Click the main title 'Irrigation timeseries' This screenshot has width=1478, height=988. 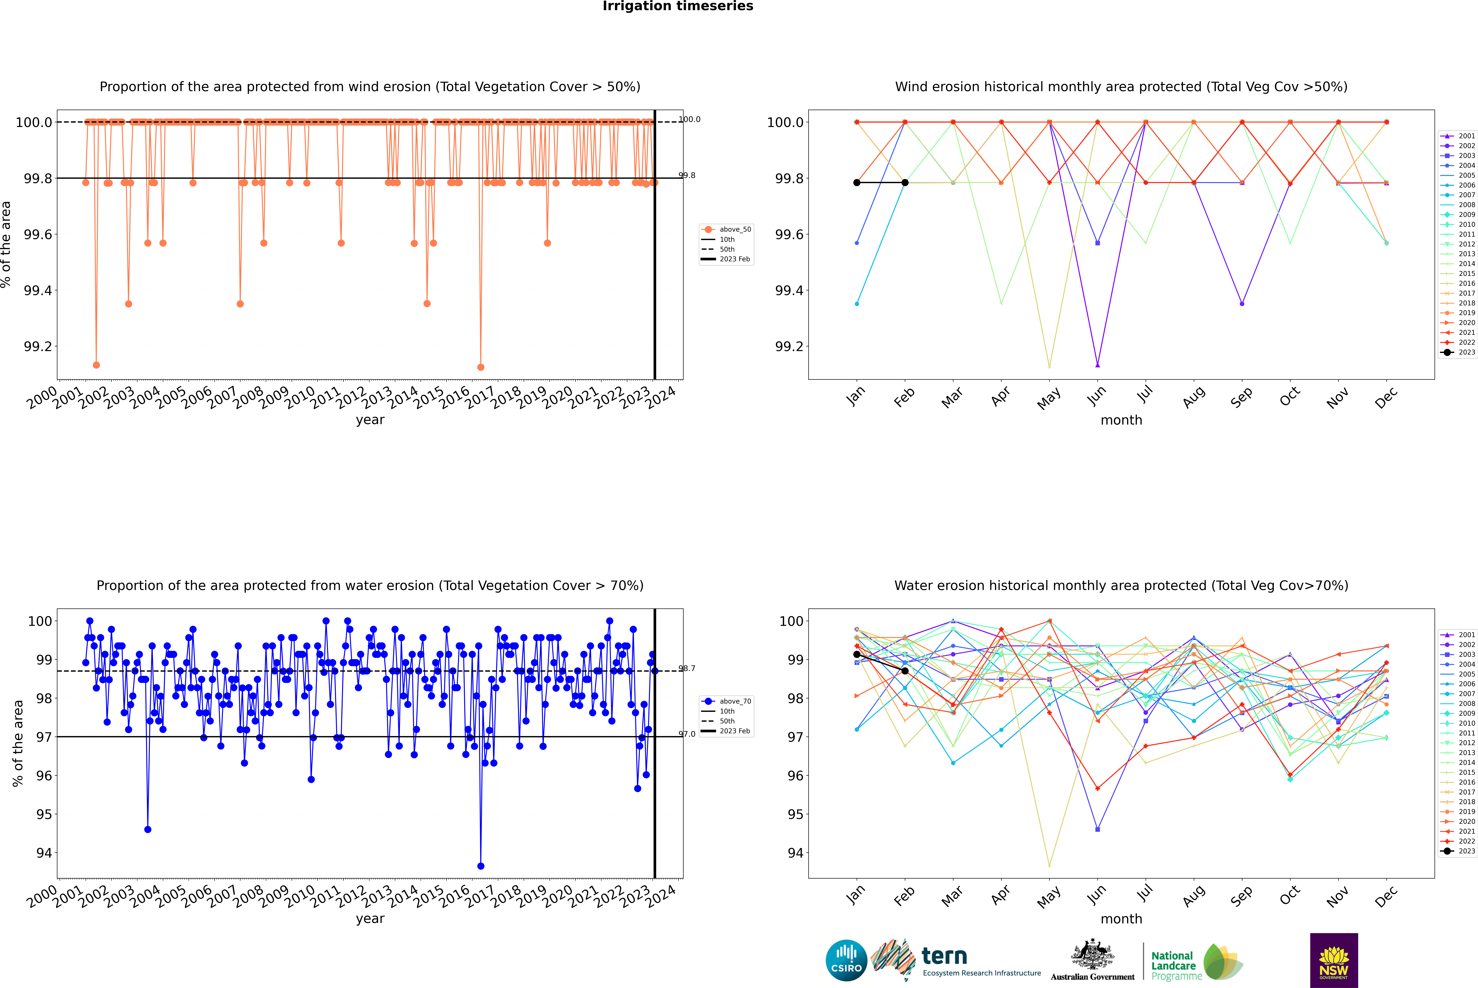tap(678, 6)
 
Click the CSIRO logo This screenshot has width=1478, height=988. tap(846, 960)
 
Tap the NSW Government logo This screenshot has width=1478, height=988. tap(1334, 960)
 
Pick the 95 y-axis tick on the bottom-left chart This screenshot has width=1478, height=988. tap(44, 814)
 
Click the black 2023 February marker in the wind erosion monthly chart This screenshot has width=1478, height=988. tap(905, 183)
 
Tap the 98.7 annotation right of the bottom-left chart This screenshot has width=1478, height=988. tap(687, 669)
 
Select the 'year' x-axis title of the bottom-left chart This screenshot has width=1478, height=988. tap(370, 919)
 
